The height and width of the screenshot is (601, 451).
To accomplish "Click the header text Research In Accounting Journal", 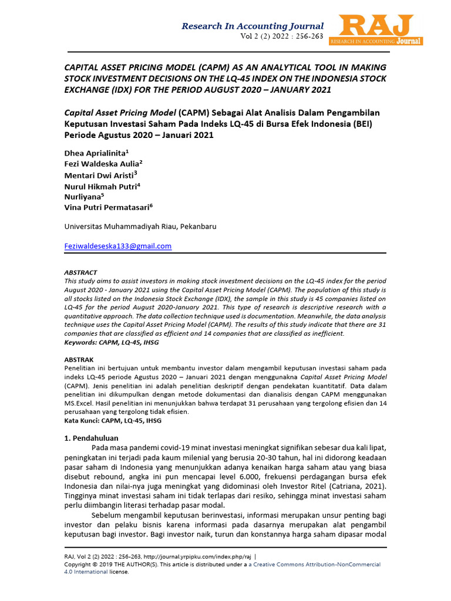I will coord(253,26).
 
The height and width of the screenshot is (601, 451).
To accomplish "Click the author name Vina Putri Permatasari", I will coord(106,207).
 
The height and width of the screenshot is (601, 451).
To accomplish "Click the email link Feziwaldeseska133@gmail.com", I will coord(117,246).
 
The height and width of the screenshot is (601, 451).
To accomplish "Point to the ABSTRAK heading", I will coord(78,359).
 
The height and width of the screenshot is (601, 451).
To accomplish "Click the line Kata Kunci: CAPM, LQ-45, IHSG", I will coord(112,420).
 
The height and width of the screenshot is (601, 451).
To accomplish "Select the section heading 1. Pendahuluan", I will coord(90,438).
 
